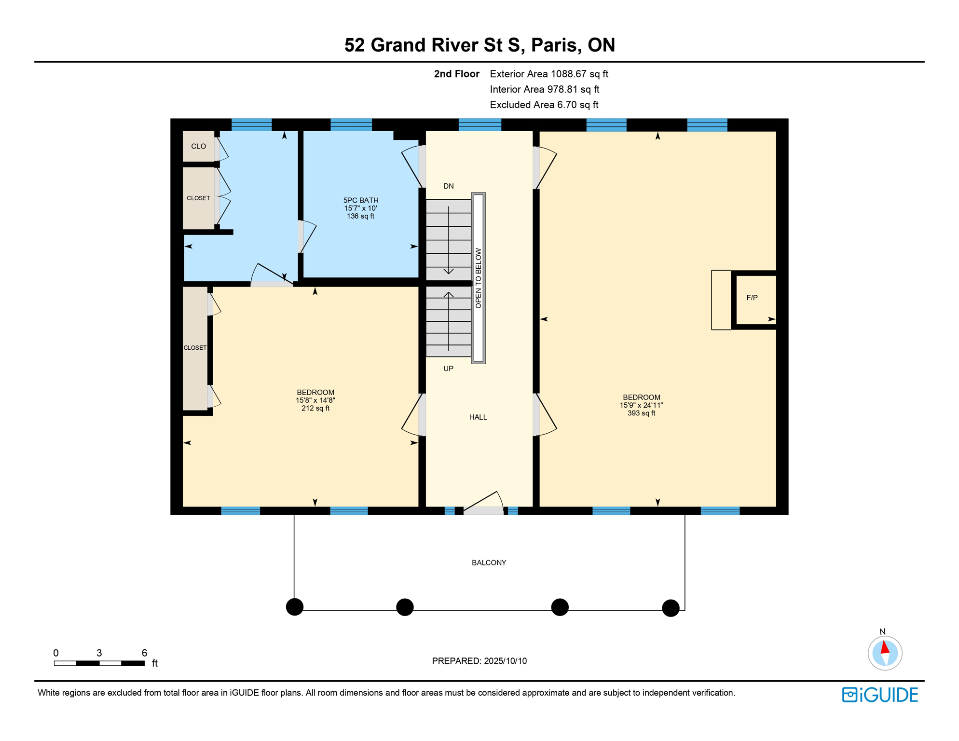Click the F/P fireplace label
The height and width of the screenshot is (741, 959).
click(x=752, y=298)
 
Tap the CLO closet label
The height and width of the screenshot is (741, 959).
click(x=198, y=146)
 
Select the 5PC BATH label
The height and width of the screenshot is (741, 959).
click(x=361, y=200)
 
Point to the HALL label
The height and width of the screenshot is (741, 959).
click(x=478, y=417)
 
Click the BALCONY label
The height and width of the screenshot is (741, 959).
click(x=489, y=563)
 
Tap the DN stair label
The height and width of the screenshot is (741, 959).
click(x=449, y=186)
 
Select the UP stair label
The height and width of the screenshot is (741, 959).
click(x=448, y=369)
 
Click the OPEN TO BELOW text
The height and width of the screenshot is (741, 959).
click(x=478, y=278)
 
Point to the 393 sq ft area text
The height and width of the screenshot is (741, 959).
click(x=641, y=413)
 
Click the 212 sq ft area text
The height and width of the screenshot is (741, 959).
click(x=315, y=408)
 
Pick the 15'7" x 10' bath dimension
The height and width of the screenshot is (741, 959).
click(x=360, y=208)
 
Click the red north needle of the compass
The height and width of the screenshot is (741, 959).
click(x=885, y=647)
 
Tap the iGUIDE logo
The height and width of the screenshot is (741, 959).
click(x=880, y=695)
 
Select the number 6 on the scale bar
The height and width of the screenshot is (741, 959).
click(x=144, y=653)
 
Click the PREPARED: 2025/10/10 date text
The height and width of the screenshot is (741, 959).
click(x=479, y=661)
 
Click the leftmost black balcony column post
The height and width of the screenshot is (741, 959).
click(x=295, y=607)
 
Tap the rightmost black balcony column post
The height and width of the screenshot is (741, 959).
click(x=671, y=608)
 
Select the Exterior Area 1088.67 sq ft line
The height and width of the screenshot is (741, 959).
click(x=549, y=74)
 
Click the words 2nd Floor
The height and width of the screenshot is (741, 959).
click(x=456, y=74)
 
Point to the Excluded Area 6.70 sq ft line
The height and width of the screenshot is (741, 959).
click(x=544, y=105)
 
